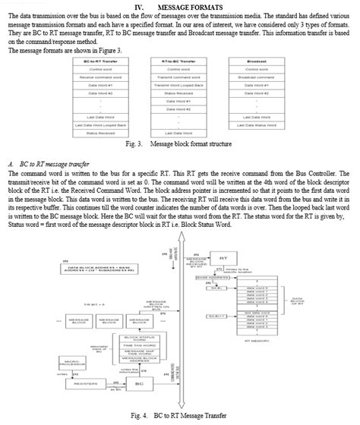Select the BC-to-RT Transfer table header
tap(100, 61)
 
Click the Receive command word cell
tap(100, 77)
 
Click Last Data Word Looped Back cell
tap(100, 124)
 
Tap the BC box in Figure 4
tap(139, 384)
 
